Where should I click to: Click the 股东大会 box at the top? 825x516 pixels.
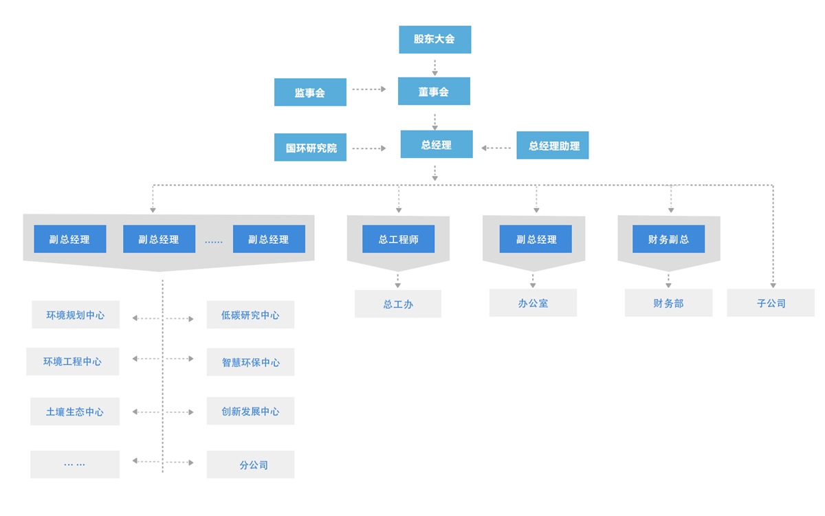pos(434,40)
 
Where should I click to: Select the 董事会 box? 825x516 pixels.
pos(434,91)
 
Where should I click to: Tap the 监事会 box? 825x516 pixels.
pos(310,92)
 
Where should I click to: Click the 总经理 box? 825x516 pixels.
pos(437,145)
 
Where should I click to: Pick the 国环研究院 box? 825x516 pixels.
pos(310,148)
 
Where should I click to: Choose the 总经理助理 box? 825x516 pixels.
pos(553,146)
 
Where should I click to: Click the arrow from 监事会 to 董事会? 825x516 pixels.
pos(369,89)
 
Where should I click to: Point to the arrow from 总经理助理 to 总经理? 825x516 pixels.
pos(496,148)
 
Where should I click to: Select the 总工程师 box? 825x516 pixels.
pos(399,239)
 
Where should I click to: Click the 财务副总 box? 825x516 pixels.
pos(668,239)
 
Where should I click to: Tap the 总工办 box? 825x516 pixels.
pos(398,304)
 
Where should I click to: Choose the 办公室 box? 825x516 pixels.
pos(533,303)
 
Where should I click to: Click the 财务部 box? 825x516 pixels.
pos(668,303)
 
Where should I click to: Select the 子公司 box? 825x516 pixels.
pos(771,303)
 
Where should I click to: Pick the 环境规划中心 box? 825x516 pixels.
pos(76,315)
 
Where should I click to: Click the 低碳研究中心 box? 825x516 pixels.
pos(250,315)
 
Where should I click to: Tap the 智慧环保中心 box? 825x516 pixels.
pos(250,362)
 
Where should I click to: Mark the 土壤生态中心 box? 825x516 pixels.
pos(75,412)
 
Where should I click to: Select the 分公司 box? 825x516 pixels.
pos(250,464)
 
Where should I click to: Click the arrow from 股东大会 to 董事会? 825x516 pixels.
pos(434,67)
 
